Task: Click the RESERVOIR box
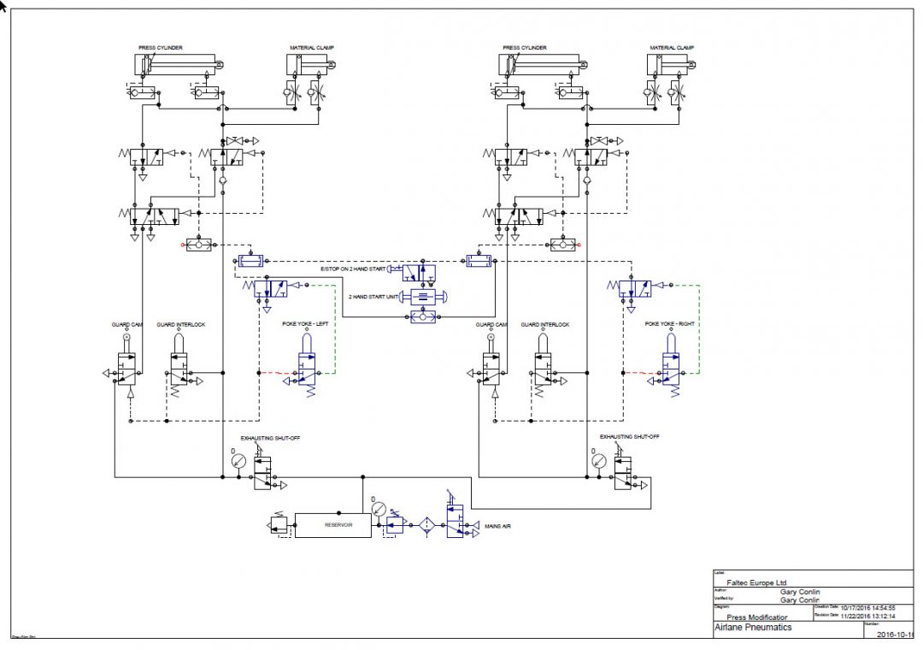332,525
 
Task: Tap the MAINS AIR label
498,526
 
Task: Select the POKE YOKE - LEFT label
305,325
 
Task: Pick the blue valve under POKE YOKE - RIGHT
672,374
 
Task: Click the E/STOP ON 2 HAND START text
351,269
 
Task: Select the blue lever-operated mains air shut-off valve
452,522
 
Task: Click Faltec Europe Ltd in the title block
757,582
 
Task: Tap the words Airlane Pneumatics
753,627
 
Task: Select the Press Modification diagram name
757,616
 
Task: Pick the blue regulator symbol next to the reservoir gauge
395,523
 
